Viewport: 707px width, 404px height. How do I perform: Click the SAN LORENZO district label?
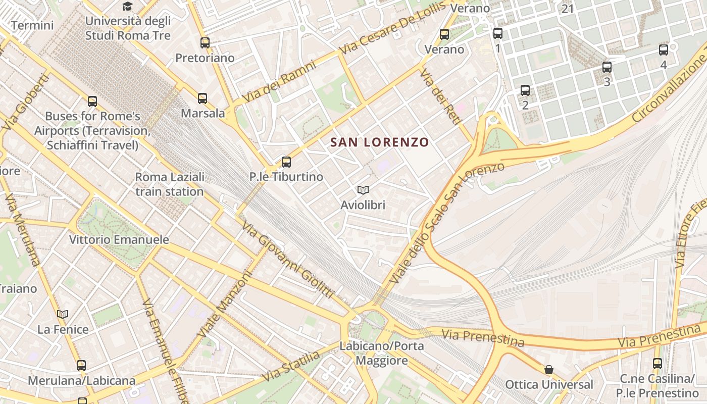point(379,142)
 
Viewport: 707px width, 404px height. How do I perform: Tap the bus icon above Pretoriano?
point(205,43)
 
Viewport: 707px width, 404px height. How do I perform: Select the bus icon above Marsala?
point(203,98)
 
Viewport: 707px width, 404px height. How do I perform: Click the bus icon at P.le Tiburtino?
point(286,162)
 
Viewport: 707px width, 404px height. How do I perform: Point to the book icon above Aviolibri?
point(363,190)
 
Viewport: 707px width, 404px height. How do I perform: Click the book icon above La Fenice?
point(63,315)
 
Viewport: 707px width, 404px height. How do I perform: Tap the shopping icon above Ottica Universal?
point(549,370)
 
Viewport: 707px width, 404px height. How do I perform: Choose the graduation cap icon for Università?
point(127,7)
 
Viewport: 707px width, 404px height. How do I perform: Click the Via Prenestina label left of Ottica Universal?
point(483,337)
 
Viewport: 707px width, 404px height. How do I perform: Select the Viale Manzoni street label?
point(224,305)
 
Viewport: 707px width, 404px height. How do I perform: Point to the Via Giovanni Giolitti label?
point(288,260)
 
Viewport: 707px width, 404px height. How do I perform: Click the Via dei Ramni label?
point(279,81)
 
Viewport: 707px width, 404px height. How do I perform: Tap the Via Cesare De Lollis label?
point(393,28)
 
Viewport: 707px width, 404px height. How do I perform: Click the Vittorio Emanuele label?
point(119,239)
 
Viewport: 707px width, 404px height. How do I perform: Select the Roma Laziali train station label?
point(170,184)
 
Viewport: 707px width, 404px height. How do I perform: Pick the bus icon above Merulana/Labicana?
point(81,366)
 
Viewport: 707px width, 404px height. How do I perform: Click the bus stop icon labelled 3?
point(607,67)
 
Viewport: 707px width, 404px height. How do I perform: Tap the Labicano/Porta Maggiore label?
point(382,353)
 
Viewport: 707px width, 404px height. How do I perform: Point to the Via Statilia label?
point(291,367)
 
